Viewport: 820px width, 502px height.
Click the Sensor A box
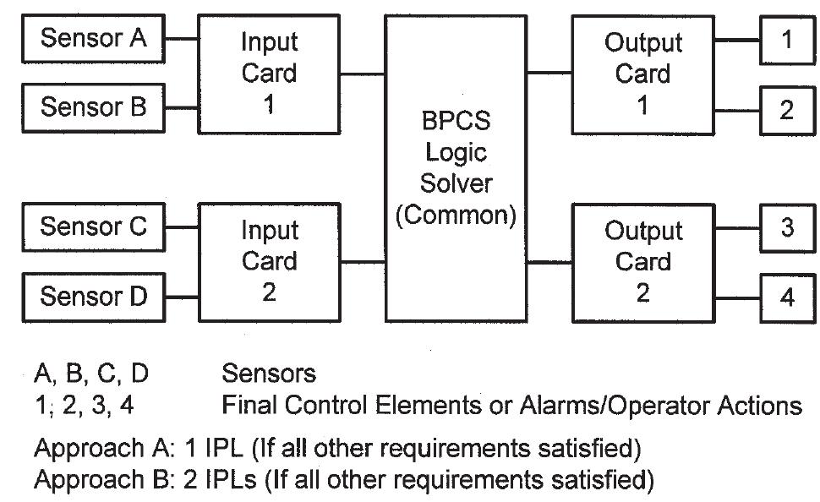[94, 39]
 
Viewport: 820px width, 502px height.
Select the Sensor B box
[94, 107]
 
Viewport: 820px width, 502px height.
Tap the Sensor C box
[94, 226]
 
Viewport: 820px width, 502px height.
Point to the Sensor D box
[94, 296]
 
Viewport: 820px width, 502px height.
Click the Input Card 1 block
[269, 73]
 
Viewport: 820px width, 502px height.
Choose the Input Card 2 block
[269, 261]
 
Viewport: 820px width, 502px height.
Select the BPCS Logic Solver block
[456, 168]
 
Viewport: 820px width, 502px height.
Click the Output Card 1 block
[642, 73]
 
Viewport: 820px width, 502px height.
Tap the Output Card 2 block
[642, 261]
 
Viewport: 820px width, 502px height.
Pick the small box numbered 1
[786, 39]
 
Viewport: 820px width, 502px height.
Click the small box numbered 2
[786, 109]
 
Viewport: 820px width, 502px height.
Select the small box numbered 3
[786, 228]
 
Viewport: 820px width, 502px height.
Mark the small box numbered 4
[786, 297]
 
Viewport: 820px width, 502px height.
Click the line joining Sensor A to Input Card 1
[182, 39]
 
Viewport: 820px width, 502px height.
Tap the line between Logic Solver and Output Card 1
[549, 73]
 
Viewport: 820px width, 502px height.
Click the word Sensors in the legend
[269, 373]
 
